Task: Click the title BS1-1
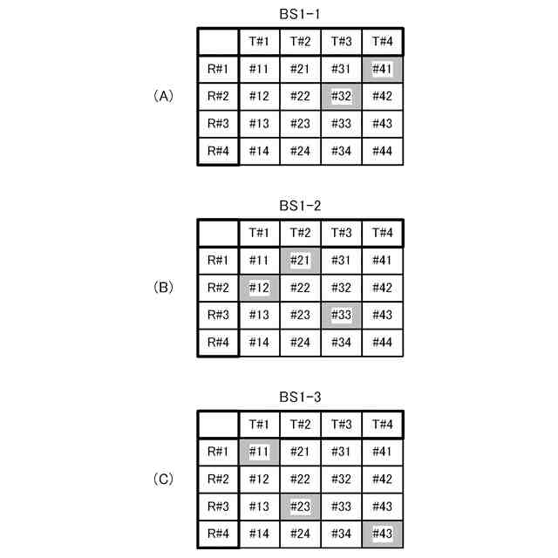tap(300, 14)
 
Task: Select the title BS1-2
tap(300, 206)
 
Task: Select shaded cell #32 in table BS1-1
tap(341, 97)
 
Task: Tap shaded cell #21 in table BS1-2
tap(300, 260)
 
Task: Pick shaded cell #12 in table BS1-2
tap(258, 288)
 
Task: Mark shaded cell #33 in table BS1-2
tap(341, 316)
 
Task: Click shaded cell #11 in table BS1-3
tap(258, 452)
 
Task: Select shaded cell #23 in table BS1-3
tap(300, 507)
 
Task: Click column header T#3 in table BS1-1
tap(341, 42)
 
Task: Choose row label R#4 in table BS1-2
tap(217, 343)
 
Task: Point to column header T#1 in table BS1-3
tap(258, 425)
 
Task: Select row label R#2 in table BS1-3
tap(217, 480)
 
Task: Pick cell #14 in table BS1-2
tap(258, 343)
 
